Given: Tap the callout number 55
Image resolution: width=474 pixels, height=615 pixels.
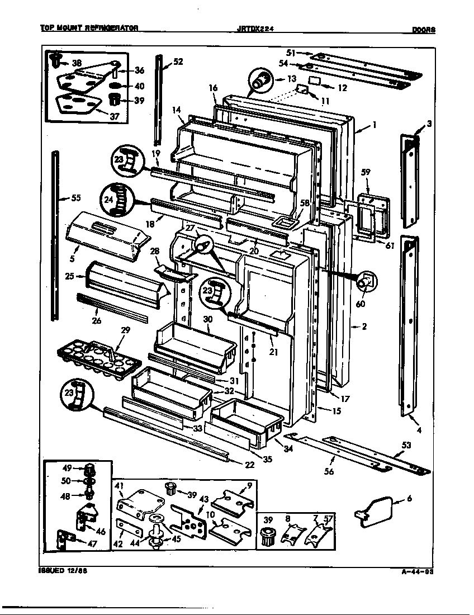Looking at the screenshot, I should (x=75, y=197).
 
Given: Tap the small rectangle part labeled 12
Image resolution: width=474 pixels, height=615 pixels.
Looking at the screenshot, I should (x=315, y=81).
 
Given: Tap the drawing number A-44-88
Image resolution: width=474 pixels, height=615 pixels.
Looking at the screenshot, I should (x=418, y=571).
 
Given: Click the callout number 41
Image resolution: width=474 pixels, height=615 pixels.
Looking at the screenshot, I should (x=120, y=487).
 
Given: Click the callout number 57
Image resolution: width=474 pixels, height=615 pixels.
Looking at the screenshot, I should (x=328, y=519).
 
